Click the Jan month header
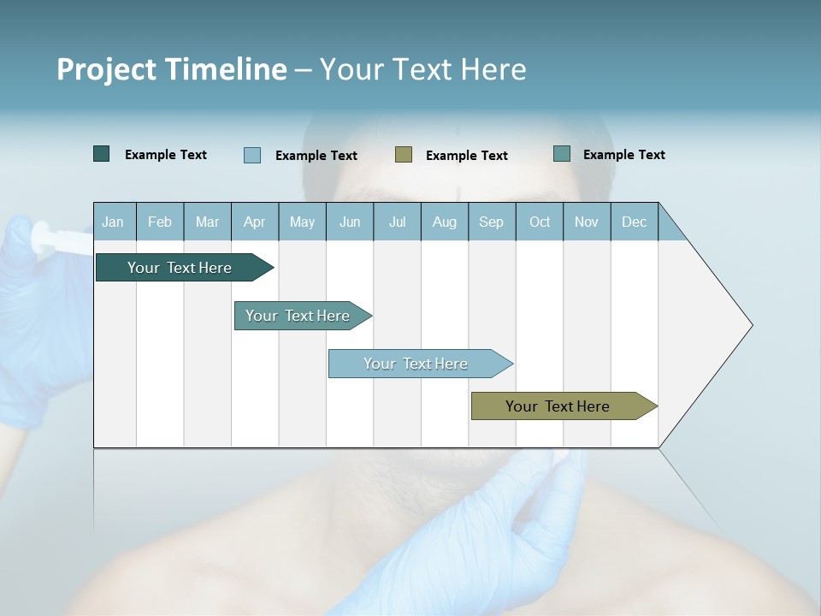[x=113, y=222]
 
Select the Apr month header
[x=254, y=222]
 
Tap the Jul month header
[x=397, y=222]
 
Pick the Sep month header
[x=491, y=222]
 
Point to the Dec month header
[x=634, y=222]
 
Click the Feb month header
[x=160, y=222]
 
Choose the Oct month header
[x=540, y=222]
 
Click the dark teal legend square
[x=102, y=154]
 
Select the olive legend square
[x=404, y=154]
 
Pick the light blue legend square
[x=252, y=155]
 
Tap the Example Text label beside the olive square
[x=466, y=156]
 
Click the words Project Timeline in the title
[x=171, y=69]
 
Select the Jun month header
[x=349, y=222]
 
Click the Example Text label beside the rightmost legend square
[x=623, y=155]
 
